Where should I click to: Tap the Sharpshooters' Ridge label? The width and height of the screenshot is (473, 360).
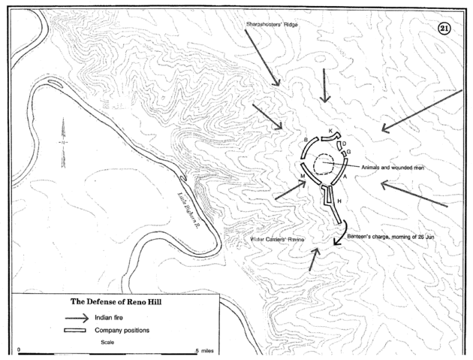(271, 25)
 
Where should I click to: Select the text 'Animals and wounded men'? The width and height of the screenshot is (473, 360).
(393, 168)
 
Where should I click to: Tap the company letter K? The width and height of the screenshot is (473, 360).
(331, 131)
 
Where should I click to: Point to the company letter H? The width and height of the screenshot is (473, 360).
(339, 201)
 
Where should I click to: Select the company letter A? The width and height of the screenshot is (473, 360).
(345, 176)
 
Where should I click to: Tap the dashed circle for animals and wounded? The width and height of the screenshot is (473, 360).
(324, 164)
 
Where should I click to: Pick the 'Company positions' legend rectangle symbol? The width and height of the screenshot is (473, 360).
(75, 331)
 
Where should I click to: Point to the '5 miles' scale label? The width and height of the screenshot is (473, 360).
(208, 351)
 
